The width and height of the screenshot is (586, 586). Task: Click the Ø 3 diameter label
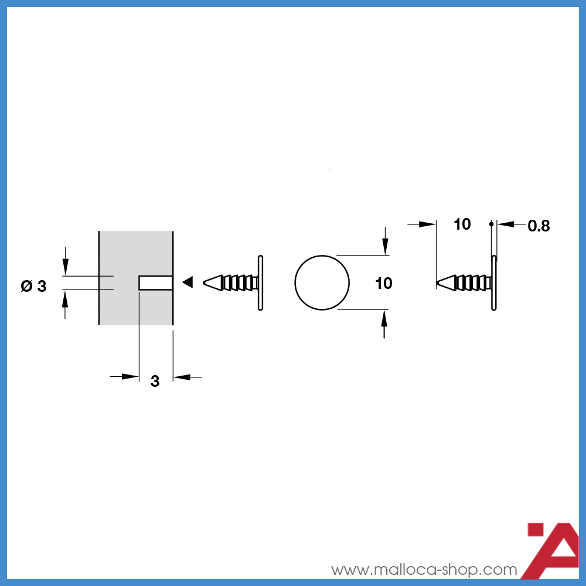pos(33,287)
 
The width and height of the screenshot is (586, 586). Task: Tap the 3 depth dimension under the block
pos(155,381)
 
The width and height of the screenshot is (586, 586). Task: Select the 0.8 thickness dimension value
pos(539,226)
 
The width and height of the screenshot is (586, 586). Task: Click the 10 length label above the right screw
pos(462,224)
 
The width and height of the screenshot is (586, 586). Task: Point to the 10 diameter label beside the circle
pos(384,283)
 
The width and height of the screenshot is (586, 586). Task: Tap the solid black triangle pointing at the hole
pos(188,282)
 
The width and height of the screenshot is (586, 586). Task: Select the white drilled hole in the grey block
pos(156,283)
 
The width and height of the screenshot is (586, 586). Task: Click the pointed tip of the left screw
pos(204,282)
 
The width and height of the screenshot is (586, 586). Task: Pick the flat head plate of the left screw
pos(261,283)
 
